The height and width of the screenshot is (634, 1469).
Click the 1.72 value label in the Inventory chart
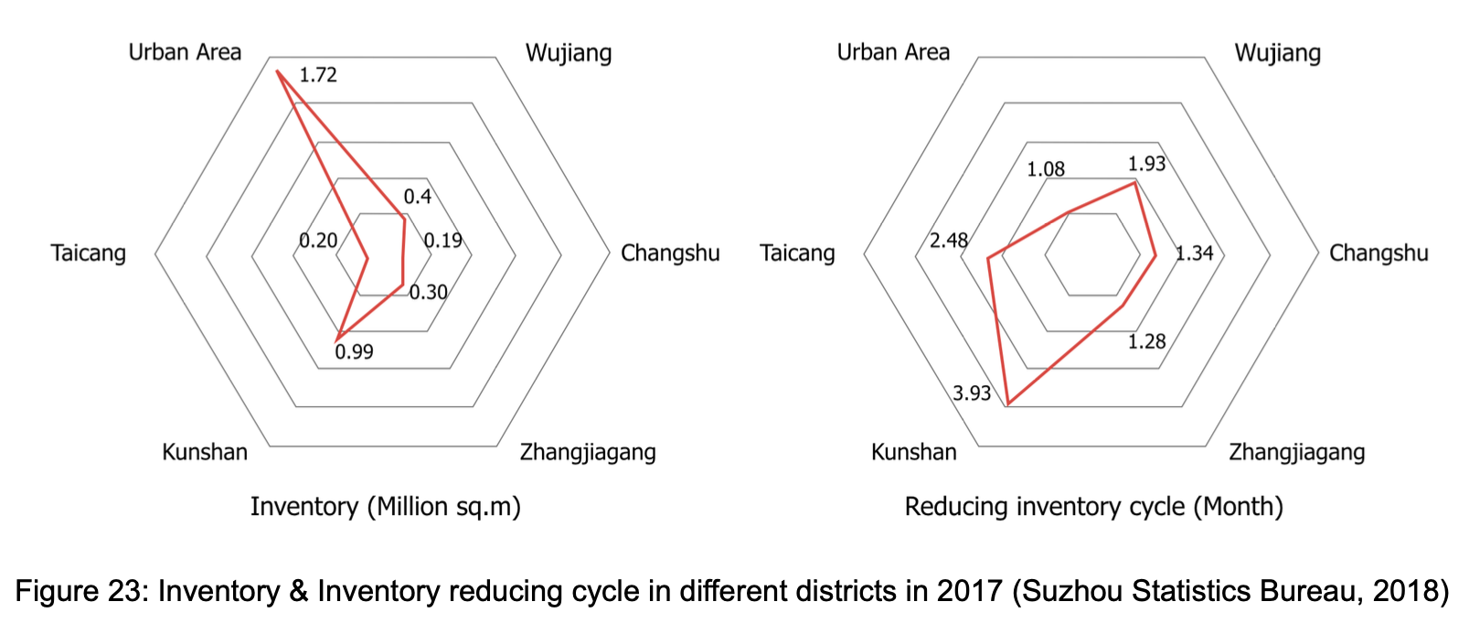tap(318, 75)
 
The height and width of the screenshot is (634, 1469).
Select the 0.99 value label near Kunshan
tap(354, 352)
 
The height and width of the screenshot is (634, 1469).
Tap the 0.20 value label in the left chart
tap(318, 241)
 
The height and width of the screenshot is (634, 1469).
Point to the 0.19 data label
tap(443, 241)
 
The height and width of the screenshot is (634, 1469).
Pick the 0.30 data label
tap(428, 293)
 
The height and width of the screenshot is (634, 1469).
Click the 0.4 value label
tap(418, 197)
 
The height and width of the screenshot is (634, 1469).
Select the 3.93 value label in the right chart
tap(972, 393)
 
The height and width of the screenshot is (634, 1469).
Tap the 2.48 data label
tap(949, 241)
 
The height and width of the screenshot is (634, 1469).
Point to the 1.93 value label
tap(1146, 164)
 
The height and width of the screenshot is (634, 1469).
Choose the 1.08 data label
tap(1046, 169)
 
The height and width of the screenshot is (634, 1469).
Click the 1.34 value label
tap(1195, 253)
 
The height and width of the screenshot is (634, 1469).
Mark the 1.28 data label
tap(1146, 342)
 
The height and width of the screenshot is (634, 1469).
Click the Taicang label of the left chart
tap(89, 253)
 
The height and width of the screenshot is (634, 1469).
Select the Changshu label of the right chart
tap(1379, 253)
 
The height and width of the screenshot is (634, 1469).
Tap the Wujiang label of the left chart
tap(569, 53)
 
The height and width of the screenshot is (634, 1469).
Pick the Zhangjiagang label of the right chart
tap(1296, 452)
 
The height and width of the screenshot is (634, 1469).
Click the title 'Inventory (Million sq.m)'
tap(386, 507)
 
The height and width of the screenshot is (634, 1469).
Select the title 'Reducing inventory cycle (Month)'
tap(1093, 507)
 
